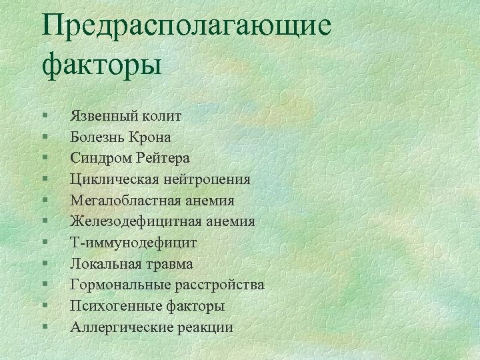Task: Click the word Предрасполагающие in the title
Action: click(x=186, y=27)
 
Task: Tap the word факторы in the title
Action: click(x=101, y=65)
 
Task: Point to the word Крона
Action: click(x=151, y=137)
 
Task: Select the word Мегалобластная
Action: click(x=119, y=200)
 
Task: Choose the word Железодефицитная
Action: click(x=127, y=221)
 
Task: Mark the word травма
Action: click(x=167, y=264)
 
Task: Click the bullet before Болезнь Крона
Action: click(x=43, y=137)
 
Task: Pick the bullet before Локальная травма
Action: click(x=43, y=264)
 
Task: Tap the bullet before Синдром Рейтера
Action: click(x=43, y=158)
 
